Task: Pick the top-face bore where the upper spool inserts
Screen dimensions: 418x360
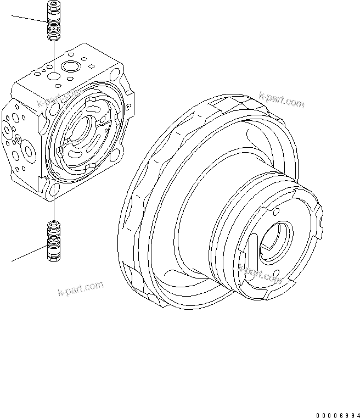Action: coord(54,74)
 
